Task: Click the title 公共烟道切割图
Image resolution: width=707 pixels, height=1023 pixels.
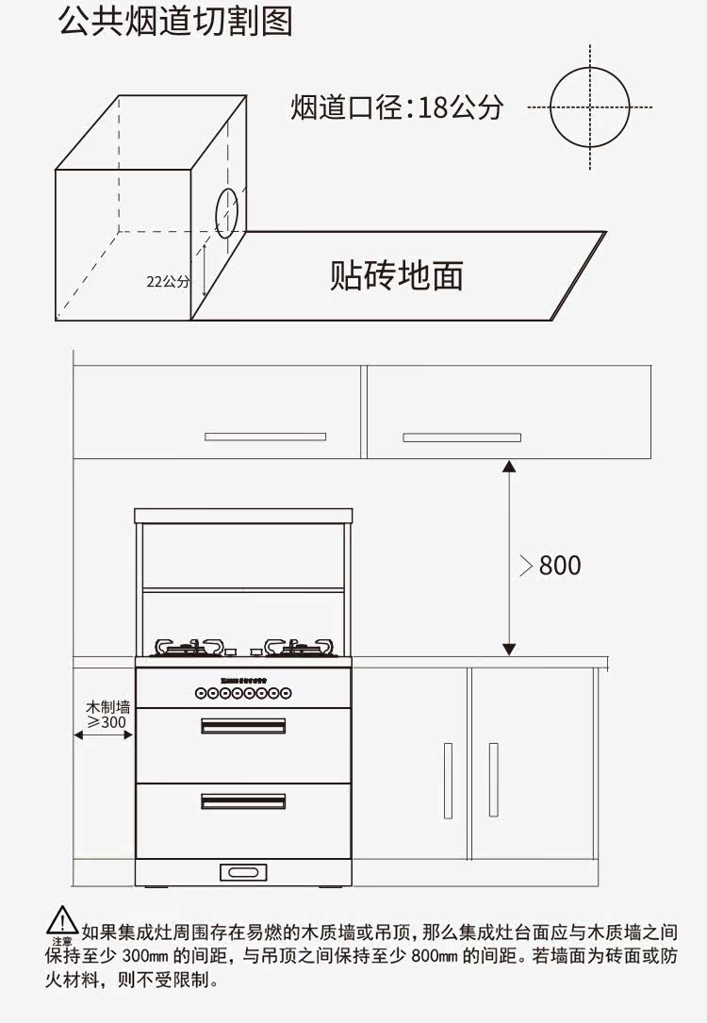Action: click(x=175, y=21)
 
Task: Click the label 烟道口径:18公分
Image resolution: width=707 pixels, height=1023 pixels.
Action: click(x=396, y=107)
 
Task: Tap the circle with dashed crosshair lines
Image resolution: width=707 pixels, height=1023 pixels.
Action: click(x=589, y=107)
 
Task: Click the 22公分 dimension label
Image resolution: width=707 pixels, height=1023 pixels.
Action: click(x=167, y=281)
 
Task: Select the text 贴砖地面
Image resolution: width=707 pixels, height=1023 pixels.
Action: click(x=397, y=275)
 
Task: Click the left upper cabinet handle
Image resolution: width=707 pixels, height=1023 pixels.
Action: click(x=265, y=437)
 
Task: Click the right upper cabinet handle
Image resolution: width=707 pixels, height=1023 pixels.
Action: click(x=462, y=437)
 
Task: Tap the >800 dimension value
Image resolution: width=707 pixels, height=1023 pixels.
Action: click(x=551, y=566)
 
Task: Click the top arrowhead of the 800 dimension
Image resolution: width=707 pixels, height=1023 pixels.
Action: click(x=509, y=466)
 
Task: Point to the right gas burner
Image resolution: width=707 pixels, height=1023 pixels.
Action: click(x=299, y=647)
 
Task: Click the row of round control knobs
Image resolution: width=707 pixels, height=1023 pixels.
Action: click(x=243, y=693)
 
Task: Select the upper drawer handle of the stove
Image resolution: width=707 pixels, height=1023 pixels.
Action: click(x=243, y=725)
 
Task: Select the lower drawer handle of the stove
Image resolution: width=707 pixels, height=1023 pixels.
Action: click(x=243, y=800)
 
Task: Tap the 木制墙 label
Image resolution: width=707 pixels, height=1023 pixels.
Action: click(x=107, y=706)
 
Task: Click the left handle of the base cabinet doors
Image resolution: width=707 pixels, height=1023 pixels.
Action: click(x=448, y=780)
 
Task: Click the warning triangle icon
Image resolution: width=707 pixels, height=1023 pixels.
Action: click(x=62, y=919)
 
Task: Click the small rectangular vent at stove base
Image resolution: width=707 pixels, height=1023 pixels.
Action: click(x=243, y=872)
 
